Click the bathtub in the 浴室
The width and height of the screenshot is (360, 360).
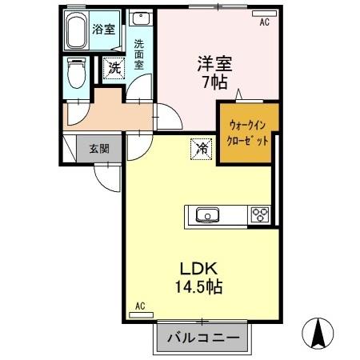tap(77, 32)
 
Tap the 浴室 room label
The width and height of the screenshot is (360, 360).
tap(103, 30)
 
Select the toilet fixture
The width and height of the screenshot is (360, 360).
tap(77, 74)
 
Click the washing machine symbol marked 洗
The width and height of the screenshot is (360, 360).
tap(114, 69)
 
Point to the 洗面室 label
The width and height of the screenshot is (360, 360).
tap(139, 54)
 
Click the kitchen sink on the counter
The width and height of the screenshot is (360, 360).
tap(207, 214)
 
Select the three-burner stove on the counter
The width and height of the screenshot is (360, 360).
tap(261, 214)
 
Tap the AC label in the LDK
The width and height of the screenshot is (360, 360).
tap(140, 306)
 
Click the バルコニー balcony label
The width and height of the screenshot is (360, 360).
tap(202, 338)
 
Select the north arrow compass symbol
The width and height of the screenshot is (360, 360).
tap(319, 333)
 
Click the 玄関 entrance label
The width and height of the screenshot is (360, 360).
tap(94, 148)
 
